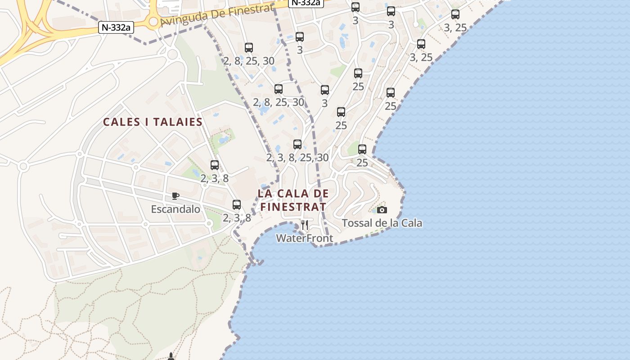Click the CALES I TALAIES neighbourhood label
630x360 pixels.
pyautogui.click(x=153, y=122)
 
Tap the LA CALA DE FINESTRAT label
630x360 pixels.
pyautogui.click(x=292, y=200)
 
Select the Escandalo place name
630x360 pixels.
pyautogui.click(x=175, y=209)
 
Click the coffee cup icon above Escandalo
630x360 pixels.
pyautogui.click(x=175, y=196)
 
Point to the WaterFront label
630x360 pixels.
pyautogui.click(x=305, y=238)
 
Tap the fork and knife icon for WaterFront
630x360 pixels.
pyautogui.click(x=305, y=225)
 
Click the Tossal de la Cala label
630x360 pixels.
pyautogui.click(x=382, y=223)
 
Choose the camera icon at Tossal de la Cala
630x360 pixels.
pyautogui.click(x=382, y=210)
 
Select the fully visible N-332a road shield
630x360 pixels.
pyautogui.click(x=116, y=27)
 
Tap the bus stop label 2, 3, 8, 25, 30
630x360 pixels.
pyautogui.click(x=297, y=157)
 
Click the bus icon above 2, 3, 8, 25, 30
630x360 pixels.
pyautogui.click(x=297, y=144)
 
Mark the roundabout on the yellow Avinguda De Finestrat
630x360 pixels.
pyautogui.click(x=153, y=22)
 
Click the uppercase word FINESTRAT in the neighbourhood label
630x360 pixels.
pyautogui.click(x=293, y=207)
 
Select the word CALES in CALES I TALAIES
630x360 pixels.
pyautogui.click(x=119, y=122)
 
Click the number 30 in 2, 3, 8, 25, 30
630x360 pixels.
pyautogui.click(x=322, y=157)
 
